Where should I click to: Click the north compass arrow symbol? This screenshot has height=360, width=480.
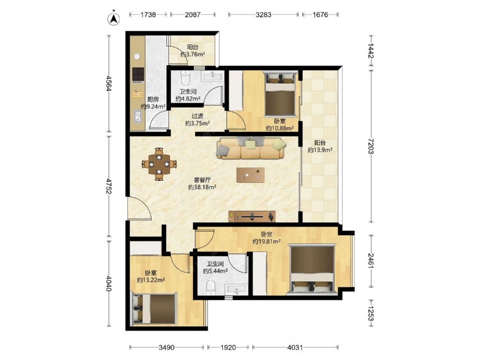pos(114,18)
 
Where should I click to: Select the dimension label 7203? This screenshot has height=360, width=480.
pos(371,146)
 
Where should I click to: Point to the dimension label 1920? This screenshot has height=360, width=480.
pos(228,348)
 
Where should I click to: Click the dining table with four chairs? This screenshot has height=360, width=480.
pos(159,164)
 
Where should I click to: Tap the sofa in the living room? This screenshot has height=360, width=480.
pos(251,147)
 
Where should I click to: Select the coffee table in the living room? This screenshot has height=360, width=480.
pos(251,175)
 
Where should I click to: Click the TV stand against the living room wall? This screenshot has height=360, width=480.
pos(252,216)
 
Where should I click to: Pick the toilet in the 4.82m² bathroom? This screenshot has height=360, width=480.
pos(185,78)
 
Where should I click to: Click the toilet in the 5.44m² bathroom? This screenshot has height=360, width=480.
pos(211,288)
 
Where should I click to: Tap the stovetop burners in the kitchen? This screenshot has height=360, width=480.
pos(138,74)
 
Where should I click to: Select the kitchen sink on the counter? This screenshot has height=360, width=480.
pos(138,116)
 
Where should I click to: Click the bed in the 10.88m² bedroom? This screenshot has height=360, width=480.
pos(280,94)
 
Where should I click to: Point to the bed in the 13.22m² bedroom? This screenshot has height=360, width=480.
pos(154,309)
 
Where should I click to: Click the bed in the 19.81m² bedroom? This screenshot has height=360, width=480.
pos(312,269)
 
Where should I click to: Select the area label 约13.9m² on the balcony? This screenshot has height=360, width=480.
pos(320,150)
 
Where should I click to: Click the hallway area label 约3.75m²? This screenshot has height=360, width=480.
pos(197,123)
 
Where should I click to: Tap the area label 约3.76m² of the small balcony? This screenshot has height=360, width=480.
pos(192,55)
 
